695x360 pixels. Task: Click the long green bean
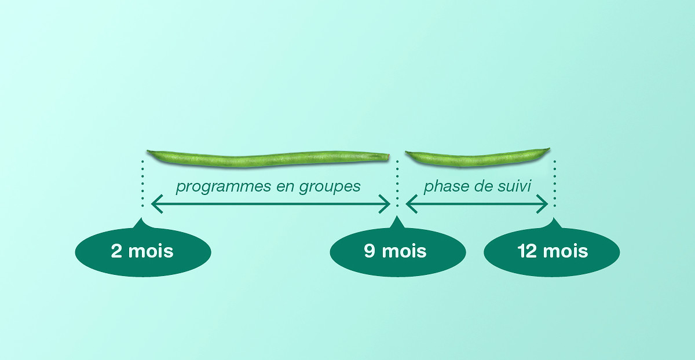[268, 159]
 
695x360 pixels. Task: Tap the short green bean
[477, 157]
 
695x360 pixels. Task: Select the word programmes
[224, 187]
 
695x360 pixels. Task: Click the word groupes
[330, 187]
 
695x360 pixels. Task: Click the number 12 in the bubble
[528, 251]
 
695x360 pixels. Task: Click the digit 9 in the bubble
[370, 251]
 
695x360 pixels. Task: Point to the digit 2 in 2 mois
[116, 251]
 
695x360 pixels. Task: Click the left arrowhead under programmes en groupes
[157, 204]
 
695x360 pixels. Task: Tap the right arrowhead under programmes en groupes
[385, 204]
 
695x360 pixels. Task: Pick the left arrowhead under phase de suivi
[411, 204]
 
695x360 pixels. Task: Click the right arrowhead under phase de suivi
[542, 204]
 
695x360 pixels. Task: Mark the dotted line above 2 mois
[142, 183]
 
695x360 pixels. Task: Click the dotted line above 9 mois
[397, 183]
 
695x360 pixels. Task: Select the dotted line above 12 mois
[555, 183]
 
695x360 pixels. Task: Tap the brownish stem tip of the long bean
[388, 157]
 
